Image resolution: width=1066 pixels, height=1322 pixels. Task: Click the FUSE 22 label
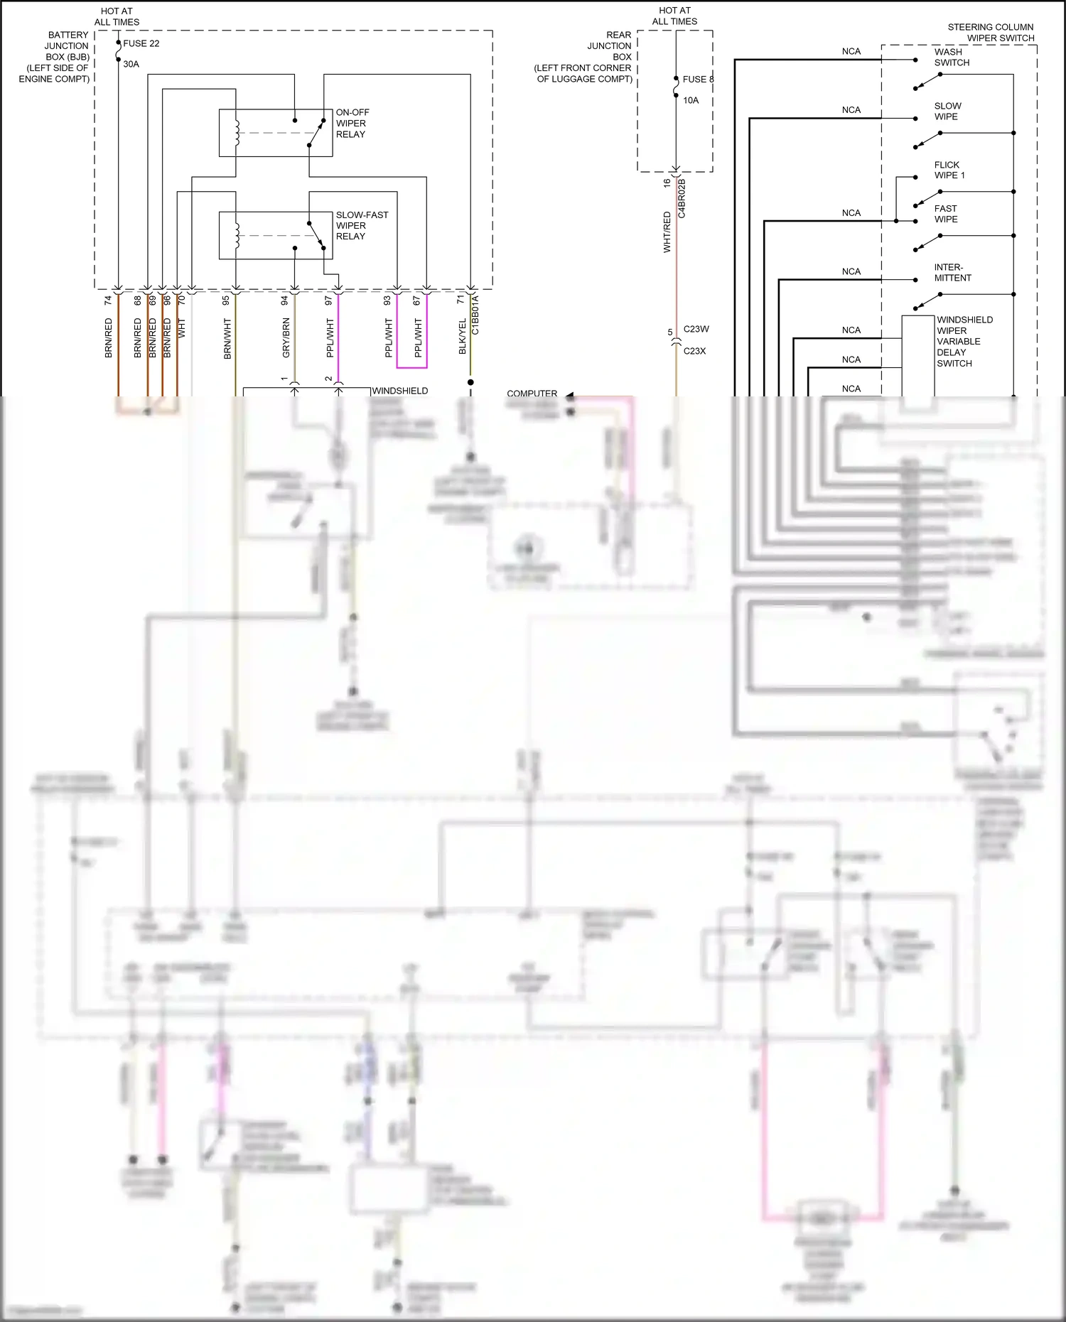(141, 43)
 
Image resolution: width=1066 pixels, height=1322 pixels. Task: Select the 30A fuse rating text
(131, 64)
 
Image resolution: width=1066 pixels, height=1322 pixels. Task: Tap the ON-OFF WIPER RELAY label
(352, 123)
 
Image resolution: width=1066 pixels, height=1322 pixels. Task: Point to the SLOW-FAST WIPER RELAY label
(362, 225)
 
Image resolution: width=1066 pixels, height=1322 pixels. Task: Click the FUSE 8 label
(697, 80)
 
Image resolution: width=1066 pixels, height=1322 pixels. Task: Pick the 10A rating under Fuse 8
(690, 100)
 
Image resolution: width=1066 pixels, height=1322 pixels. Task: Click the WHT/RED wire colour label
(667, 232)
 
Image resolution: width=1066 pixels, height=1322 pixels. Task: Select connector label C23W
(696, 329)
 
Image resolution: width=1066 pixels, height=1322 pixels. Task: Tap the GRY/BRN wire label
(286, 337)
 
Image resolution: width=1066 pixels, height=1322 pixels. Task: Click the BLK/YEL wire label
(463, 336)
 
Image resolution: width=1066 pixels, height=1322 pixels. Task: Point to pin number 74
(108, 300)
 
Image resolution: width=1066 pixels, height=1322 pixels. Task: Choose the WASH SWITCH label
(951, 57)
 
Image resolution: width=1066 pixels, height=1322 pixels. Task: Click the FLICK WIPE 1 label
(949, 170)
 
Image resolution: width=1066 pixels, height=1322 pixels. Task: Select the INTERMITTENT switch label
(952, 273)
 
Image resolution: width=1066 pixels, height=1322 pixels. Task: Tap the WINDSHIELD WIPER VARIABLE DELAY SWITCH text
(964, 341)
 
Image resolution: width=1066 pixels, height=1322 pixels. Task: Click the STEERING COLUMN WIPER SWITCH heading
(991, 32)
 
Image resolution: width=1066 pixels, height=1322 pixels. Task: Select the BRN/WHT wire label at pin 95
(227, 338)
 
